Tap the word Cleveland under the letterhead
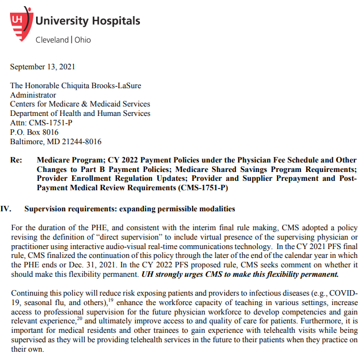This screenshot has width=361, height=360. [x=52, y=40]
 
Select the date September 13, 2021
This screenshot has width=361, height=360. [x=43, y=67]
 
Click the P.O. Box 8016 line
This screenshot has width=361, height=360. [x=34, y=132]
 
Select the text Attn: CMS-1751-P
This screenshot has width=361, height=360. [x=41, y=123]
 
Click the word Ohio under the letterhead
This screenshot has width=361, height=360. [x=82, y=40]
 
